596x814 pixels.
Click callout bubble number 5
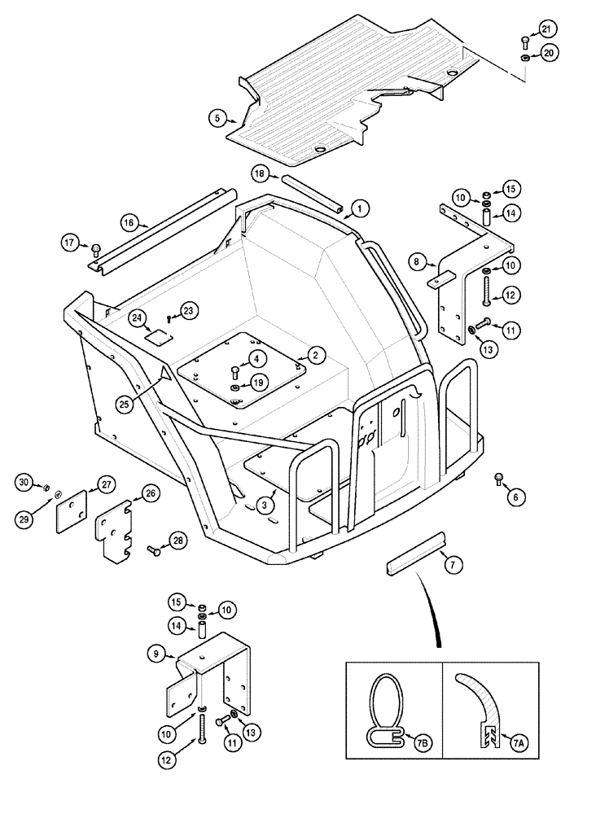[x=216, y=118]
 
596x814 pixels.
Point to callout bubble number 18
[x=258, y=173]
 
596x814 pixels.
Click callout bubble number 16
[x=128, y=221]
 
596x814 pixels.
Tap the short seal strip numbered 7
[x=416, y=552]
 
